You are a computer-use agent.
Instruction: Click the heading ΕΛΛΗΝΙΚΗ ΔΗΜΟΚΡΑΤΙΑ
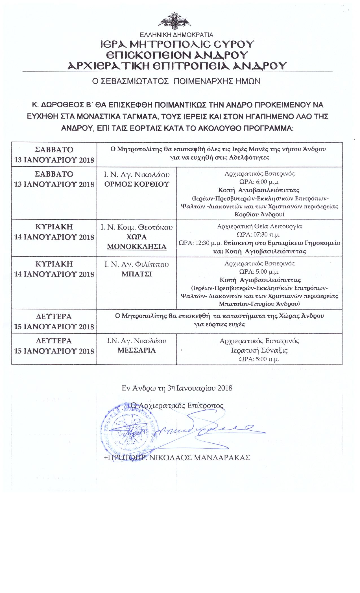[x=177, y=35]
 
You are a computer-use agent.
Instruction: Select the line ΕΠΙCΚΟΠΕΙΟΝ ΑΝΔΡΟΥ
[x=177, y=55]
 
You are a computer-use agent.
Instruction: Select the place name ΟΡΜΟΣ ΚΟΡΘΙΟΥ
[x=137, y=184]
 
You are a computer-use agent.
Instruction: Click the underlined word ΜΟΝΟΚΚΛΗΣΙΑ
[x=137, y=247]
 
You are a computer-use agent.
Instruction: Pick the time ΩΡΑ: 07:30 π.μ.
[x=259, y=234]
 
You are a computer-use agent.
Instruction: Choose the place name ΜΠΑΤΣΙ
[x=137, y=274]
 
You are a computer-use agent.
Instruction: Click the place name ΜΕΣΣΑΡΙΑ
[x=137, y=350]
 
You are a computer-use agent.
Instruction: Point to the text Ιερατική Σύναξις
[x=259, y=350]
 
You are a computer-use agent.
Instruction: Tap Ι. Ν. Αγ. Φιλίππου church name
[x=137, y=265]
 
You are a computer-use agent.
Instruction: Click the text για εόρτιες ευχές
[x=219, y=324]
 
